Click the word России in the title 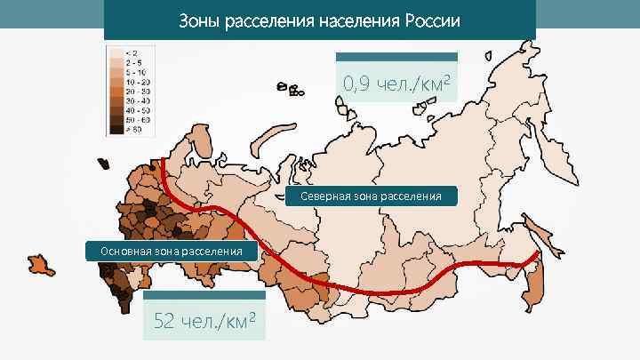(x=431, y=20)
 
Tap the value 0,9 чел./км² (x=396, y=84)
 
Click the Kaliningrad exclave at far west (x=103, y=164)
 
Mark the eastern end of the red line (x=537, y=254)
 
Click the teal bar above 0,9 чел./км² (x=396, y=57)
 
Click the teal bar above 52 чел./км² (x=204, y=294)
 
